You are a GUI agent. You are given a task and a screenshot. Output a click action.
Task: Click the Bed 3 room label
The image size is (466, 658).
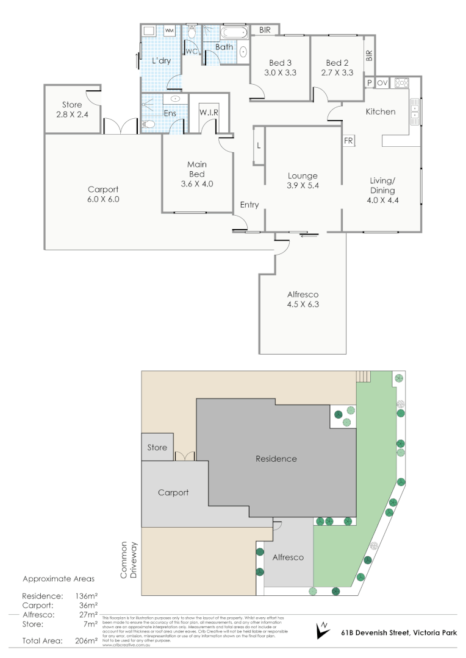pos(281,63)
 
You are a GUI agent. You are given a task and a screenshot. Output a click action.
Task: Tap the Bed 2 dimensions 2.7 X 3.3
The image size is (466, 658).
pos(337,73)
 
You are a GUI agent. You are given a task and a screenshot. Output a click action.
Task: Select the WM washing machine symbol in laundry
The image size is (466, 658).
pos(169,30)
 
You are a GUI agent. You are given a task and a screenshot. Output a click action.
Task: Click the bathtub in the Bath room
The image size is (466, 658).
pos(234,32)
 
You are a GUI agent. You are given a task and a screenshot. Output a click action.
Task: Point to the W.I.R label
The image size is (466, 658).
pos(209,113)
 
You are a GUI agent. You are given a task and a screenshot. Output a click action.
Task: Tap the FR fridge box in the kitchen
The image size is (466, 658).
pos(349,140)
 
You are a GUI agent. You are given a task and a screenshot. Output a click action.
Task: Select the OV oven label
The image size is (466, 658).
pos(382,83)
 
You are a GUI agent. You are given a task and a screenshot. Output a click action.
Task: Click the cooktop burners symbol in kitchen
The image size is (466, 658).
pos(402,83)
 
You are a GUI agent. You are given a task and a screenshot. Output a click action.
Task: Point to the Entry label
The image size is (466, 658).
pos(249,205)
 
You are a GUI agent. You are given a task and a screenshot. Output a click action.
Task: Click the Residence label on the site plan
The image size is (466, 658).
pos(276,459)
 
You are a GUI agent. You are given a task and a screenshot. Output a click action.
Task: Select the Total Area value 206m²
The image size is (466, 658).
pos(85,641)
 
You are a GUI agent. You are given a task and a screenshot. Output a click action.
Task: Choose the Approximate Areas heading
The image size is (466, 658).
pos(59,579)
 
